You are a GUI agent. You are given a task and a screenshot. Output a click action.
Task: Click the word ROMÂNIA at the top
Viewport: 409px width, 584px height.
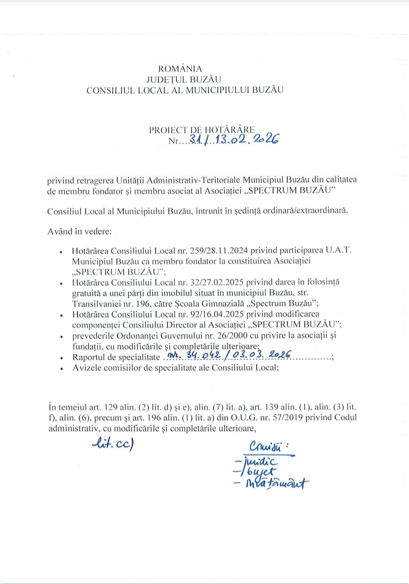pos(180,69)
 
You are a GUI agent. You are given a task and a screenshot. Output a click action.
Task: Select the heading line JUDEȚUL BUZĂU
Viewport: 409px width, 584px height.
pos(184,80)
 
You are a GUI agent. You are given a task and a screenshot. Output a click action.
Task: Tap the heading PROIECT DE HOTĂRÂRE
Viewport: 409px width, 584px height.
pos(202,130)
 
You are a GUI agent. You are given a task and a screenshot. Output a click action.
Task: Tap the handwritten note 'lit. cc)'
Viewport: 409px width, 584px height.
pos(113,443)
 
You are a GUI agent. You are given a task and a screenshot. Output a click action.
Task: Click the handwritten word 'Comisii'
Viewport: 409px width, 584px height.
pos(266,446)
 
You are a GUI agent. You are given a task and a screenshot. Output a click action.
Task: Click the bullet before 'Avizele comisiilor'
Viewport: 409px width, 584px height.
pos(61,368)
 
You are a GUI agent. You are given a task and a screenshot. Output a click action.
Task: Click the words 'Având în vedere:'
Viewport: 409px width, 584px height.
pos(80,232)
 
